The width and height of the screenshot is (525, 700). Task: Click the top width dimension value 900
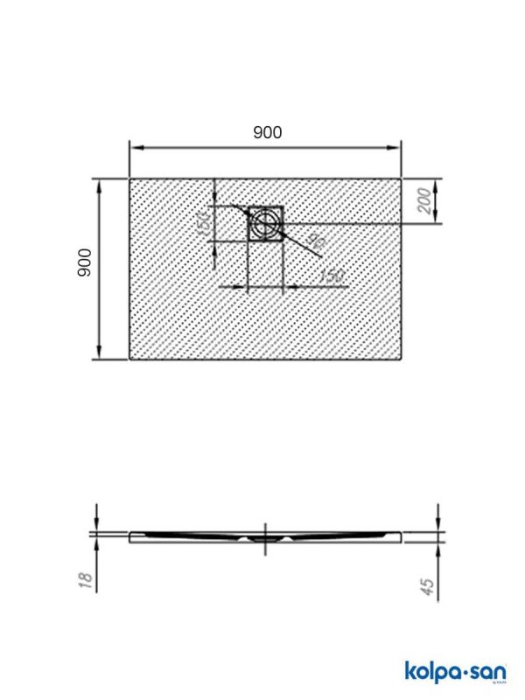tap(267, 132)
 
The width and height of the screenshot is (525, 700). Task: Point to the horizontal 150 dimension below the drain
tap(330, 276)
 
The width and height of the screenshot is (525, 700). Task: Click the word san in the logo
tap(484, 671)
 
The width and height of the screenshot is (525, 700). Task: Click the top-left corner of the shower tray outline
tap(129, 179)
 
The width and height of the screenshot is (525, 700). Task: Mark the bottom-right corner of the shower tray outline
tap(402, 359)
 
